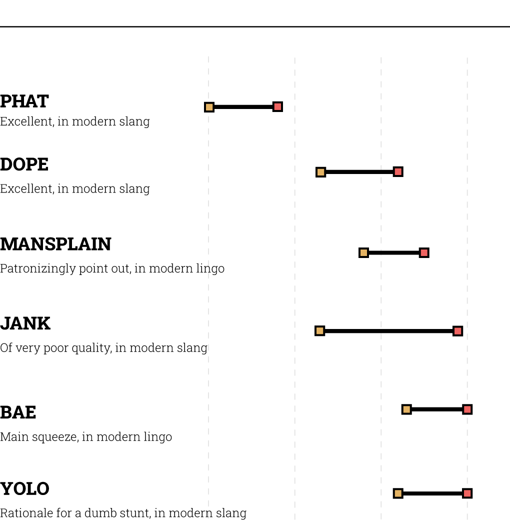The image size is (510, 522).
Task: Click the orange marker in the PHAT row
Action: pyautogui.click(x=209, y=107)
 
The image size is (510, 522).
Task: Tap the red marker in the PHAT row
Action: pyautogui.click(x=277, y=106)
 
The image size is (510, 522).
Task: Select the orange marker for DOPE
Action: pyautogui.click(x=320, y=172)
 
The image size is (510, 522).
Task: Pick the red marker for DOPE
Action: pyautogui.click(x=398, y=172)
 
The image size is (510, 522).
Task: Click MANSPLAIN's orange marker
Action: pyautogui.click(x=363, y=253)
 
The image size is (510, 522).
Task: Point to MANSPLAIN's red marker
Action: pyautogui.click(x=424, y=252)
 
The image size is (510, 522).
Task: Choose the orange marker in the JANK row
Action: pyautogui.click(x=319, y=331)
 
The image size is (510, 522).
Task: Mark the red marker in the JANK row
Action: pyautogui.click(x=457, y=331)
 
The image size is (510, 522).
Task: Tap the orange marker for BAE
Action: pyautogui.click(x=406, y=409)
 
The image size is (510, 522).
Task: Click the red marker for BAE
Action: pyautogui.click(x=467, y=409)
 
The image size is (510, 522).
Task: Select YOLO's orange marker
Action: pyautogui.click(x=398, y=494)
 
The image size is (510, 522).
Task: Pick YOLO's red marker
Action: pyautogui.click(x=467, y=493)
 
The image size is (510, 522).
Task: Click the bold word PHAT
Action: pyautogui.click(x=24, y=101)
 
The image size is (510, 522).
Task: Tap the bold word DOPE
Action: pyautogui.click(x=24, y=164)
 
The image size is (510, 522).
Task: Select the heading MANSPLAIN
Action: pyautogui.click(x=55, y=244)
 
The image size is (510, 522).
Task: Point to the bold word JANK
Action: pyautogui.click(x=25, y=323)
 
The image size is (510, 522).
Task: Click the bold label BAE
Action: pyautogui.click(x=18, y=412)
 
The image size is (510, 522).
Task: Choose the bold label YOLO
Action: pyautogui.click(x=24, y=488)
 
